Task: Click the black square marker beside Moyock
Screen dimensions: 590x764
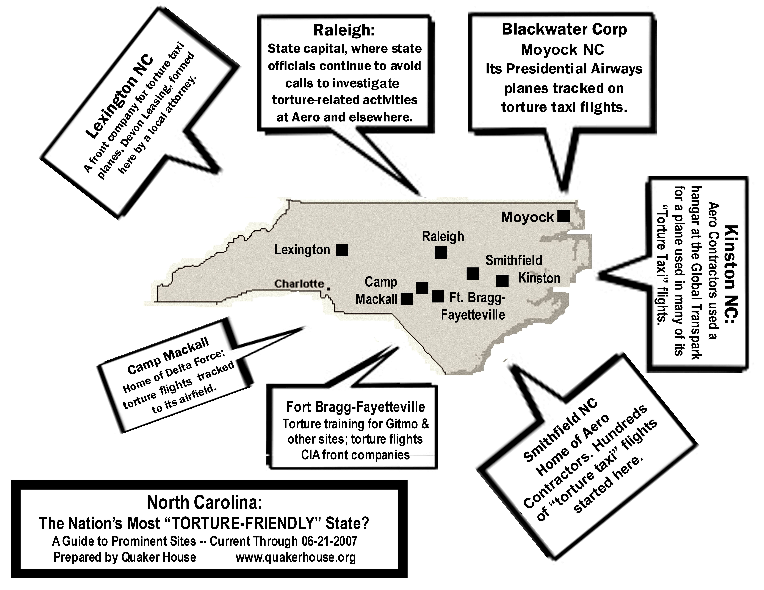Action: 563,216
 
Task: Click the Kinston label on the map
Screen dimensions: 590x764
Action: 539,278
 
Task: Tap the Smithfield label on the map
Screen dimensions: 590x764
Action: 514,260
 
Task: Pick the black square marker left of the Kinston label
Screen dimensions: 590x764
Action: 502,280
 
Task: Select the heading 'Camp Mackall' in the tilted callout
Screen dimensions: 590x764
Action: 168,356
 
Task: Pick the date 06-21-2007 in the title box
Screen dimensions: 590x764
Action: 329,541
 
